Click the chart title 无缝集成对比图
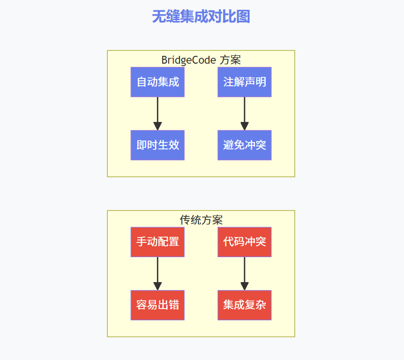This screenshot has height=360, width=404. pos(201,17)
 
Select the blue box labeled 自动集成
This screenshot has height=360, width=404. pos(157,82)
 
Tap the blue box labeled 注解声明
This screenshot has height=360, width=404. pos(244,82)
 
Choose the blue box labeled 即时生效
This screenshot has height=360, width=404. pos(157,145)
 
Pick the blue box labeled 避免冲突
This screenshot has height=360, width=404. pos(244,145)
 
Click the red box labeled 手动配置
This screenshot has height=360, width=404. pos(157,242)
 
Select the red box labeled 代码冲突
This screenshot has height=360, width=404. pos(244,242)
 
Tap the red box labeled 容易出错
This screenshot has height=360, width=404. pos(157,305)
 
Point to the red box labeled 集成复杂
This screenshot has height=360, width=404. pos(244,305)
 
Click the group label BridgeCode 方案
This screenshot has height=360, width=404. pos(201,60)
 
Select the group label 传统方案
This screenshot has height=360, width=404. pos(201,220)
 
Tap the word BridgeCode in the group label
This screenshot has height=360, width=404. pos(189,60)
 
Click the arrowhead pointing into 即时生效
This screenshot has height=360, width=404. pos(157,126)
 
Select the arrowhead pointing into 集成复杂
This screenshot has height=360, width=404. pos(244,286)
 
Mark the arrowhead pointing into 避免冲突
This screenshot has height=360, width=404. pos(244,126)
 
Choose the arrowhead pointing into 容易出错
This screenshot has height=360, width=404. pos(157,286)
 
